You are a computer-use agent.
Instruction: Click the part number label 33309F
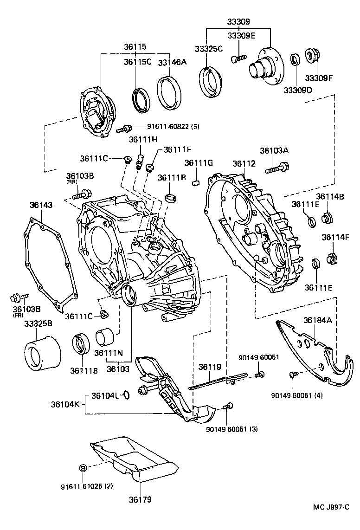pos(319,78)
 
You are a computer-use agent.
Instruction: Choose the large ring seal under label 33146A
pos(169,93)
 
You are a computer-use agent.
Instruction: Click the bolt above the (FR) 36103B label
pos(19,296)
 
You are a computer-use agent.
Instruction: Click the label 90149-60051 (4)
pos(297,395)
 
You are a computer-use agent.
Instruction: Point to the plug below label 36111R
pos(172,197)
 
